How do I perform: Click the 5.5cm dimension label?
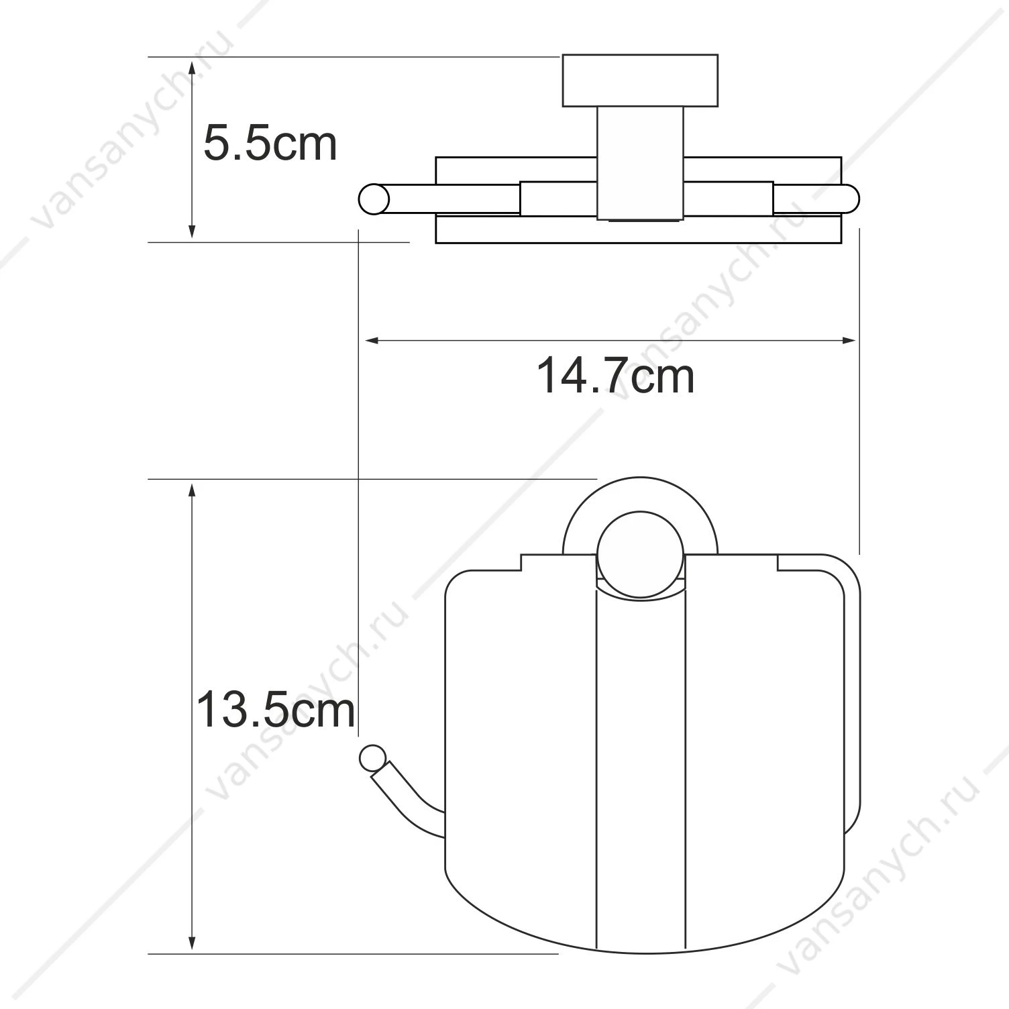270,144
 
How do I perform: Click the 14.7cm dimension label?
615,376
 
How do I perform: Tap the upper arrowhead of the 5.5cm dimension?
193,69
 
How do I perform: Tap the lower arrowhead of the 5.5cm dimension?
193,229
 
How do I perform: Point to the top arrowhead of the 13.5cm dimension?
193,492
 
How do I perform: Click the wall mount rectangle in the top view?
640,81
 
